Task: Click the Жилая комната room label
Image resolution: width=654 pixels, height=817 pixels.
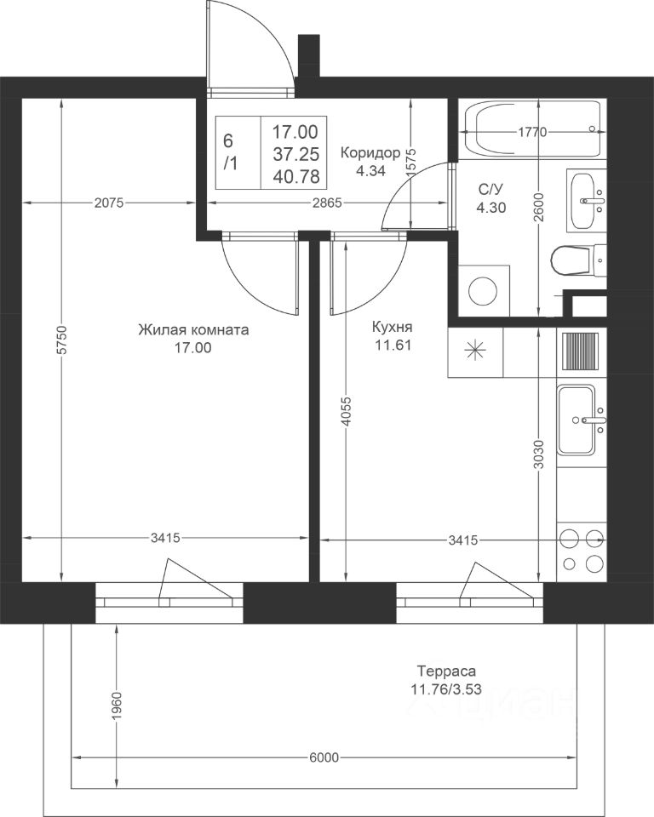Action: click(x=193, y=329)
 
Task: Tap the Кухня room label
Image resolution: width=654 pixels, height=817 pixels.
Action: click(x=393, y=327)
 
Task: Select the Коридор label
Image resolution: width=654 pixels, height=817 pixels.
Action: click(x=370, y=152)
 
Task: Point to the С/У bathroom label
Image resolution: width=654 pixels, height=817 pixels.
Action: click(x=490, y=187)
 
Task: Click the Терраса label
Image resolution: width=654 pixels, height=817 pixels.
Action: click(x=446, y=671)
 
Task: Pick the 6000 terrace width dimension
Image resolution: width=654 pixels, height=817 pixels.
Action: click(x=324, y=757)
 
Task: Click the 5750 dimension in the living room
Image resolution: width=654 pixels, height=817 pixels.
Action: click(x=61, y=340)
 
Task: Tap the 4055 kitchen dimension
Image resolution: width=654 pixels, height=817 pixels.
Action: click(x=347, y=412)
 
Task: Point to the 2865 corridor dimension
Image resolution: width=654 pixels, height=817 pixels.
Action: click(x=327, y=203)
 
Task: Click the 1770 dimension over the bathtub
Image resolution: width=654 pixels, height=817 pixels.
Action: click(x=532, y=133)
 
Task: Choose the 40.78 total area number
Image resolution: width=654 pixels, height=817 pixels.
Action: click(x=295, y=177)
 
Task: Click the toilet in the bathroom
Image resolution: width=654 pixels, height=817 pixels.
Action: click(x=578, y=259)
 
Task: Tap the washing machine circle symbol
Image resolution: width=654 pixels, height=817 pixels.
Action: click(x=483, y=291)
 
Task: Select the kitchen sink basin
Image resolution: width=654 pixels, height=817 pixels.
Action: click(x=576, y=420)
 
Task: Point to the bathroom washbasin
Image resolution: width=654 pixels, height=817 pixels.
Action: click(x=583, y=201)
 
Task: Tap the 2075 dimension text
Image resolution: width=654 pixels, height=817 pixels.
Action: click(x=109, y=203)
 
